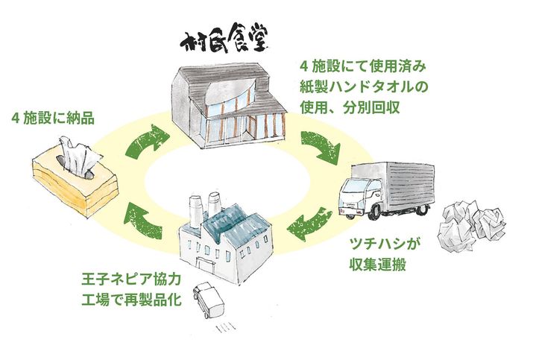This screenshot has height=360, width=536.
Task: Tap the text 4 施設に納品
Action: tap(53, 118)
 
